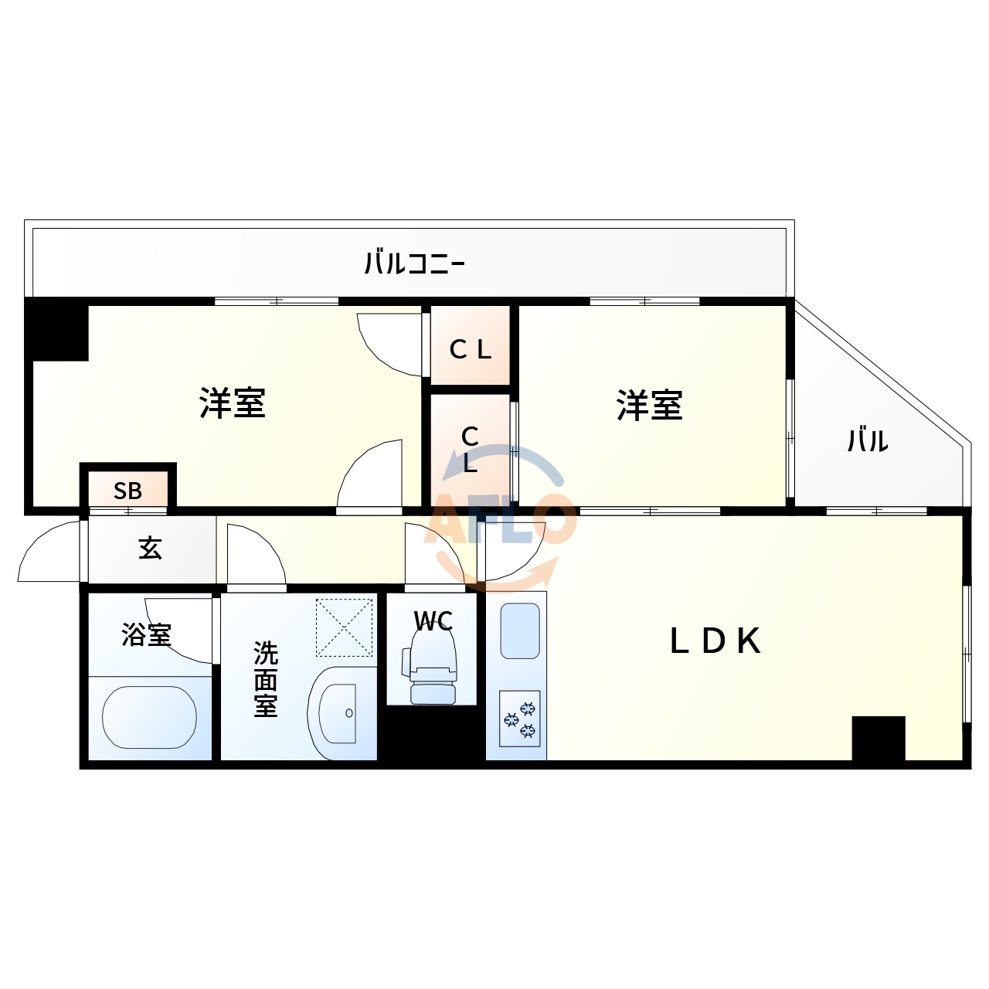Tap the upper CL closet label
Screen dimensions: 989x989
[x=471, y=349]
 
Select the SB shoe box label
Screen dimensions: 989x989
[x=128, y=491]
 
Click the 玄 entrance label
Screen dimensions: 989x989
[x=150, y=549]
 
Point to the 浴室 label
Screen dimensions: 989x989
[x=146, y=634]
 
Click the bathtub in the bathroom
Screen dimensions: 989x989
[x=149, y=717]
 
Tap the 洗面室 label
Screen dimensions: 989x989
[x=265, y=680]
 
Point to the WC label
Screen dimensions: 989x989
[x=432, y=620]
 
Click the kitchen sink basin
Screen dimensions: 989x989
[x=519, y=630]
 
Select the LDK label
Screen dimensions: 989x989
[x=715, y=641]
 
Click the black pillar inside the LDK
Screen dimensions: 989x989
[x=878, y=738]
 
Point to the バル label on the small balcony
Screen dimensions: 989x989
[x=868, y=440]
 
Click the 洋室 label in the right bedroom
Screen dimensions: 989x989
[x=649, y=405]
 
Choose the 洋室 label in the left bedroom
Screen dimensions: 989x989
[x=233, y=403]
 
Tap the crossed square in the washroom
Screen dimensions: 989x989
[x=344, y=627]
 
